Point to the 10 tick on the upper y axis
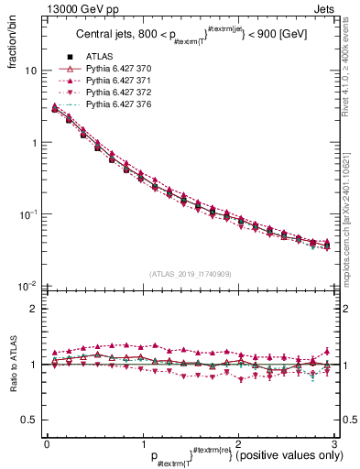(x=30, y=71)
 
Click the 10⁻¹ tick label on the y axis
(x=27, y=214)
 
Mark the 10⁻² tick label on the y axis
(x=27, y=286)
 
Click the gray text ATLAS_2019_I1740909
(x=191, y=275)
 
